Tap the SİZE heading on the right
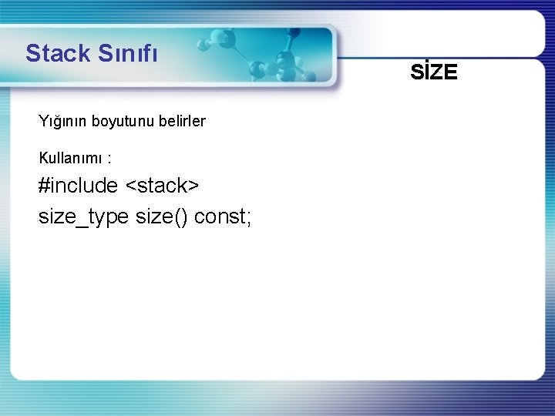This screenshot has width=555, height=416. click(434, 72)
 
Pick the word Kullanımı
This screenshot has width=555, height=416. click(72, 159)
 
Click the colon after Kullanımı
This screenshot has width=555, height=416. click(109, 159)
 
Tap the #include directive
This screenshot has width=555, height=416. click(79, 186)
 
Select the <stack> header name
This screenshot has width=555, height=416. click(163, 186)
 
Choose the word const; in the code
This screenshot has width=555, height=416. click(223, 217)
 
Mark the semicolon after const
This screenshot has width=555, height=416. click(248, 219)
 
